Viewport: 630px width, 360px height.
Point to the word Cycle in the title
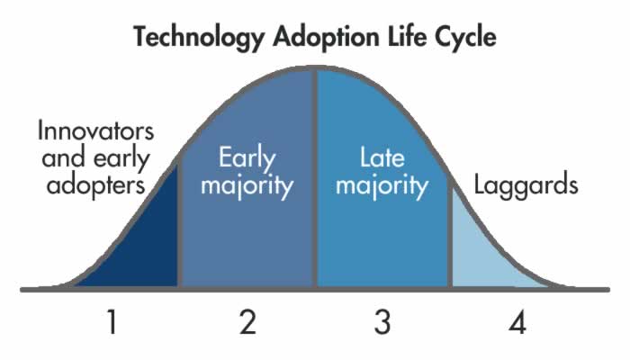463,38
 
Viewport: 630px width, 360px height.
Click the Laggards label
526,186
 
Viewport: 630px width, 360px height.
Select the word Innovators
96,130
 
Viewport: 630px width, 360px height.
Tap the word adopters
95,187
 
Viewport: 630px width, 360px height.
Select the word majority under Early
247,187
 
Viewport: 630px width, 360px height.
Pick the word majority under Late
382,187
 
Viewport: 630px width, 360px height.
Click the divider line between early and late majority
315,180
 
